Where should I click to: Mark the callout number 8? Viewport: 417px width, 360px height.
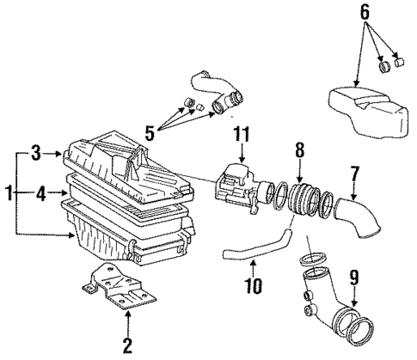coord(300,150)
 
